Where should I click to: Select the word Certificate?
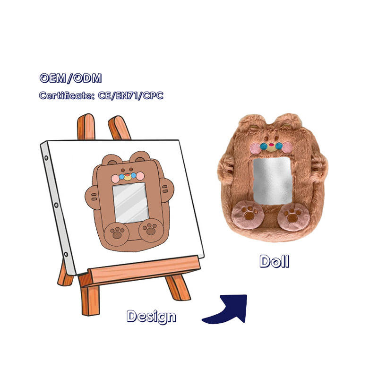coord(62,95)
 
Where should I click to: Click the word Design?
coord(151,316)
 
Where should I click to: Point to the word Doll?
coord(274,261)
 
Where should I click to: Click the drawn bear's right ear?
coord(140,156)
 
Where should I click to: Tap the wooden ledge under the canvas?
coord(142,269)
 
